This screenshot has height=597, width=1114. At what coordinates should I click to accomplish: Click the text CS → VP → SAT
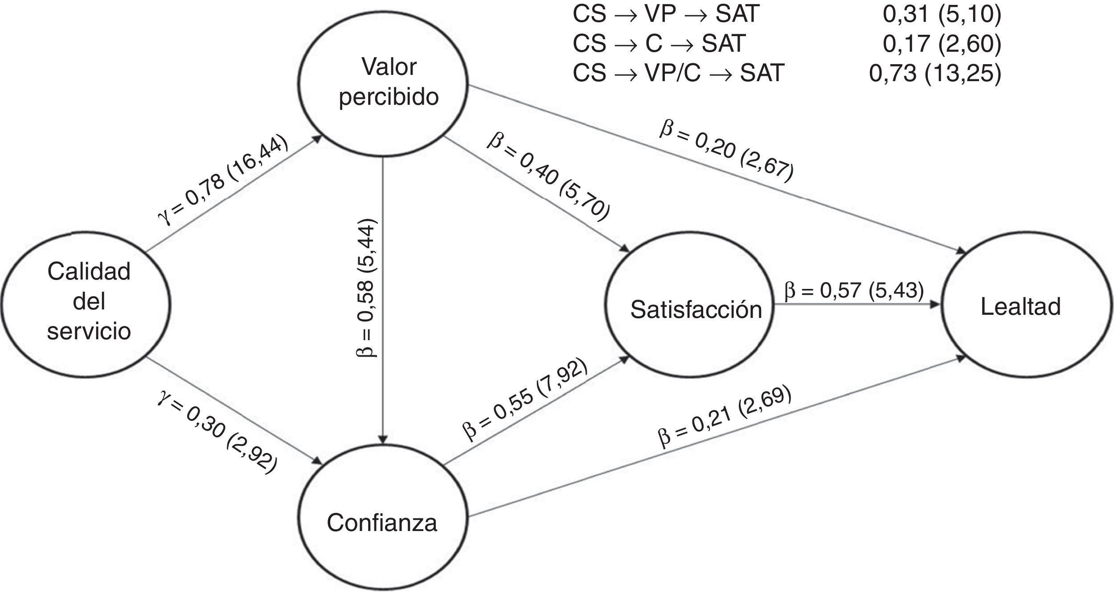click(666, 15)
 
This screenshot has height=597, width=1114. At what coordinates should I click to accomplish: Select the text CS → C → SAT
click(659, 44)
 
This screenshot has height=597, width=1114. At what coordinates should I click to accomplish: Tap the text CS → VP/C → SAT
click(678, 73)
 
